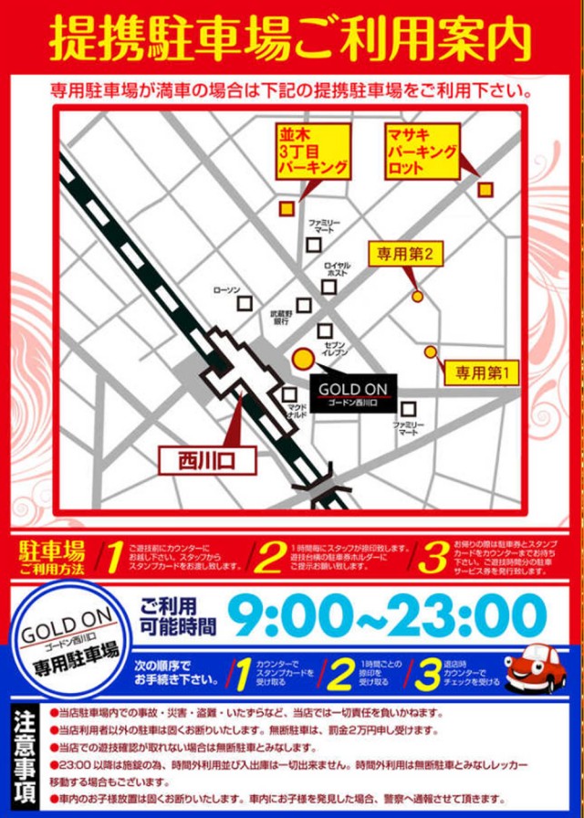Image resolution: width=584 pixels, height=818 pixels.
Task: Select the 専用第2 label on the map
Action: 406,254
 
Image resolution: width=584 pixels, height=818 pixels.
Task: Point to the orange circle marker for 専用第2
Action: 418,296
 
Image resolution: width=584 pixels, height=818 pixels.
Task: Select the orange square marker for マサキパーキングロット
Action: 485,189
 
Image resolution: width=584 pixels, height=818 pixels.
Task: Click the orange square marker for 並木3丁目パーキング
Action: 287,209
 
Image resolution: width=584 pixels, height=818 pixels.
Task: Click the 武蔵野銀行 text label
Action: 280,317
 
